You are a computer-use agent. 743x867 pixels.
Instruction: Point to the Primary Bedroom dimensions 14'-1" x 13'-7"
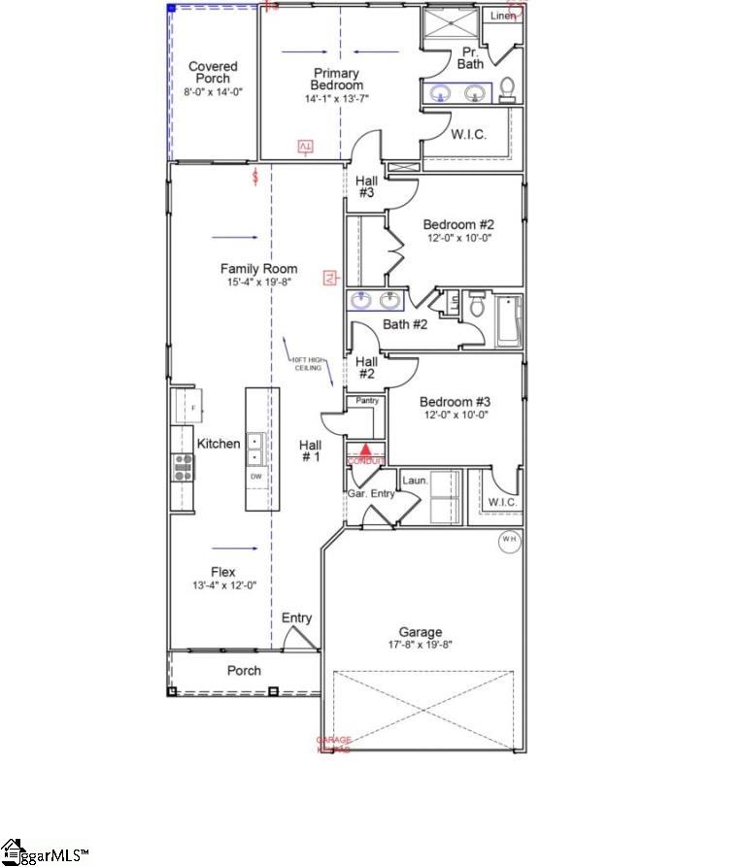coord(336,98)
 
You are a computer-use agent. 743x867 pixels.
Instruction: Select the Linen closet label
coord(502,16)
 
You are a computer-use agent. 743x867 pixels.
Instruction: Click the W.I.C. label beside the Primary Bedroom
coord(468,135)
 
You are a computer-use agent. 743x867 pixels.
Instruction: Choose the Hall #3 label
coord(366,186)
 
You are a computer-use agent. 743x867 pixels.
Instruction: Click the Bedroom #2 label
coord(458,224)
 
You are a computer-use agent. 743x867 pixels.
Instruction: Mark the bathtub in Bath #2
coord(508,319)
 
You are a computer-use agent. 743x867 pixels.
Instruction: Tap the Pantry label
coord(368,400)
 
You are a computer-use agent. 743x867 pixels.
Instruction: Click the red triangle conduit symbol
coord(365,450)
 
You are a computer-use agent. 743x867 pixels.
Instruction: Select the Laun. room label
coord(416,480)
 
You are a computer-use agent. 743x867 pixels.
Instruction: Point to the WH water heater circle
coord(510,540)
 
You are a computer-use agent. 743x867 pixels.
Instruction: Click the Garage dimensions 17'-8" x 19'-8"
coord(420,644)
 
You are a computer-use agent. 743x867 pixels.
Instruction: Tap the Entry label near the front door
coord(297,618)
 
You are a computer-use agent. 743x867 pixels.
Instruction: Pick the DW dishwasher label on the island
coord(256,477)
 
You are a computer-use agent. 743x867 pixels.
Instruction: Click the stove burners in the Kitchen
coord(183,468)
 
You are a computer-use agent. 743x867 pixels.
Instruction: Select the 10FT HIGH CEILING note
coord(308,364)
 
